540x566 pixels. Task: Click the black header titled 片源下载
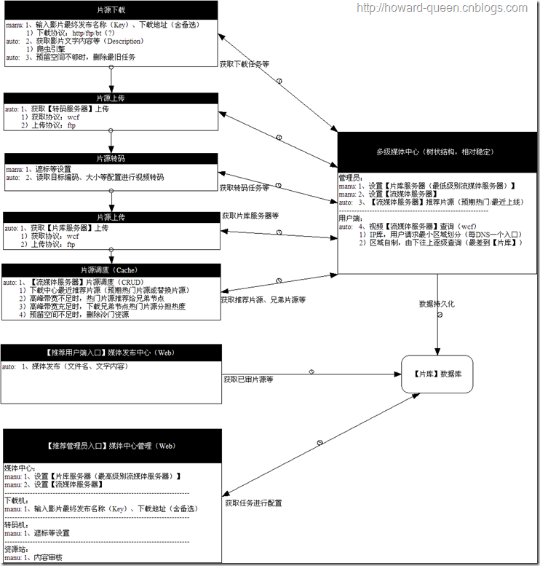(111, 11)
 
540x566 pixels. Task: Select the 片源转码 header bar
(111, 158)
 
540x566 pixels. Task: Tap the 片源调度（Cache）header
(111, 270)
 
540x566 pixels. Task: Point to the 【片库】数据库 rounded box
(437, 374)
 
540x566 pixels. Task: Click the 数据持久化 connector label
(437, 304)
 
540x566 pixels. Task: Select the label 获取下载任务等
(245, 64)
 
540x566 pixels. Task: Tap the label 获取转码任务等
(245, 188)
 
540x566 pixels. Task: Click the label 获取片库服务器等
(250, 216)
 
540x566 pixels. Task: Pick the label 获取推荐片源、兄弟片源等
(263, 299)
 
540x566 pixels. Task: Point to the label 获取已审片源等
(248, 380)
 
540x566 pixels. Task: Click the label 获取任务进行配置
(253, 503)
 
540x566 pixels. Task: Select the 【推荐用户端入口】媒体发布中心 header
(111, 353)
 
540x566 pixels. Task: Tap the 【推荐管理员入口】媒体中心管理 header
(111, 445)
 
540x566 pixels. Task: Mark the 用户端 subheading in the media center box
(352, 218)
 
